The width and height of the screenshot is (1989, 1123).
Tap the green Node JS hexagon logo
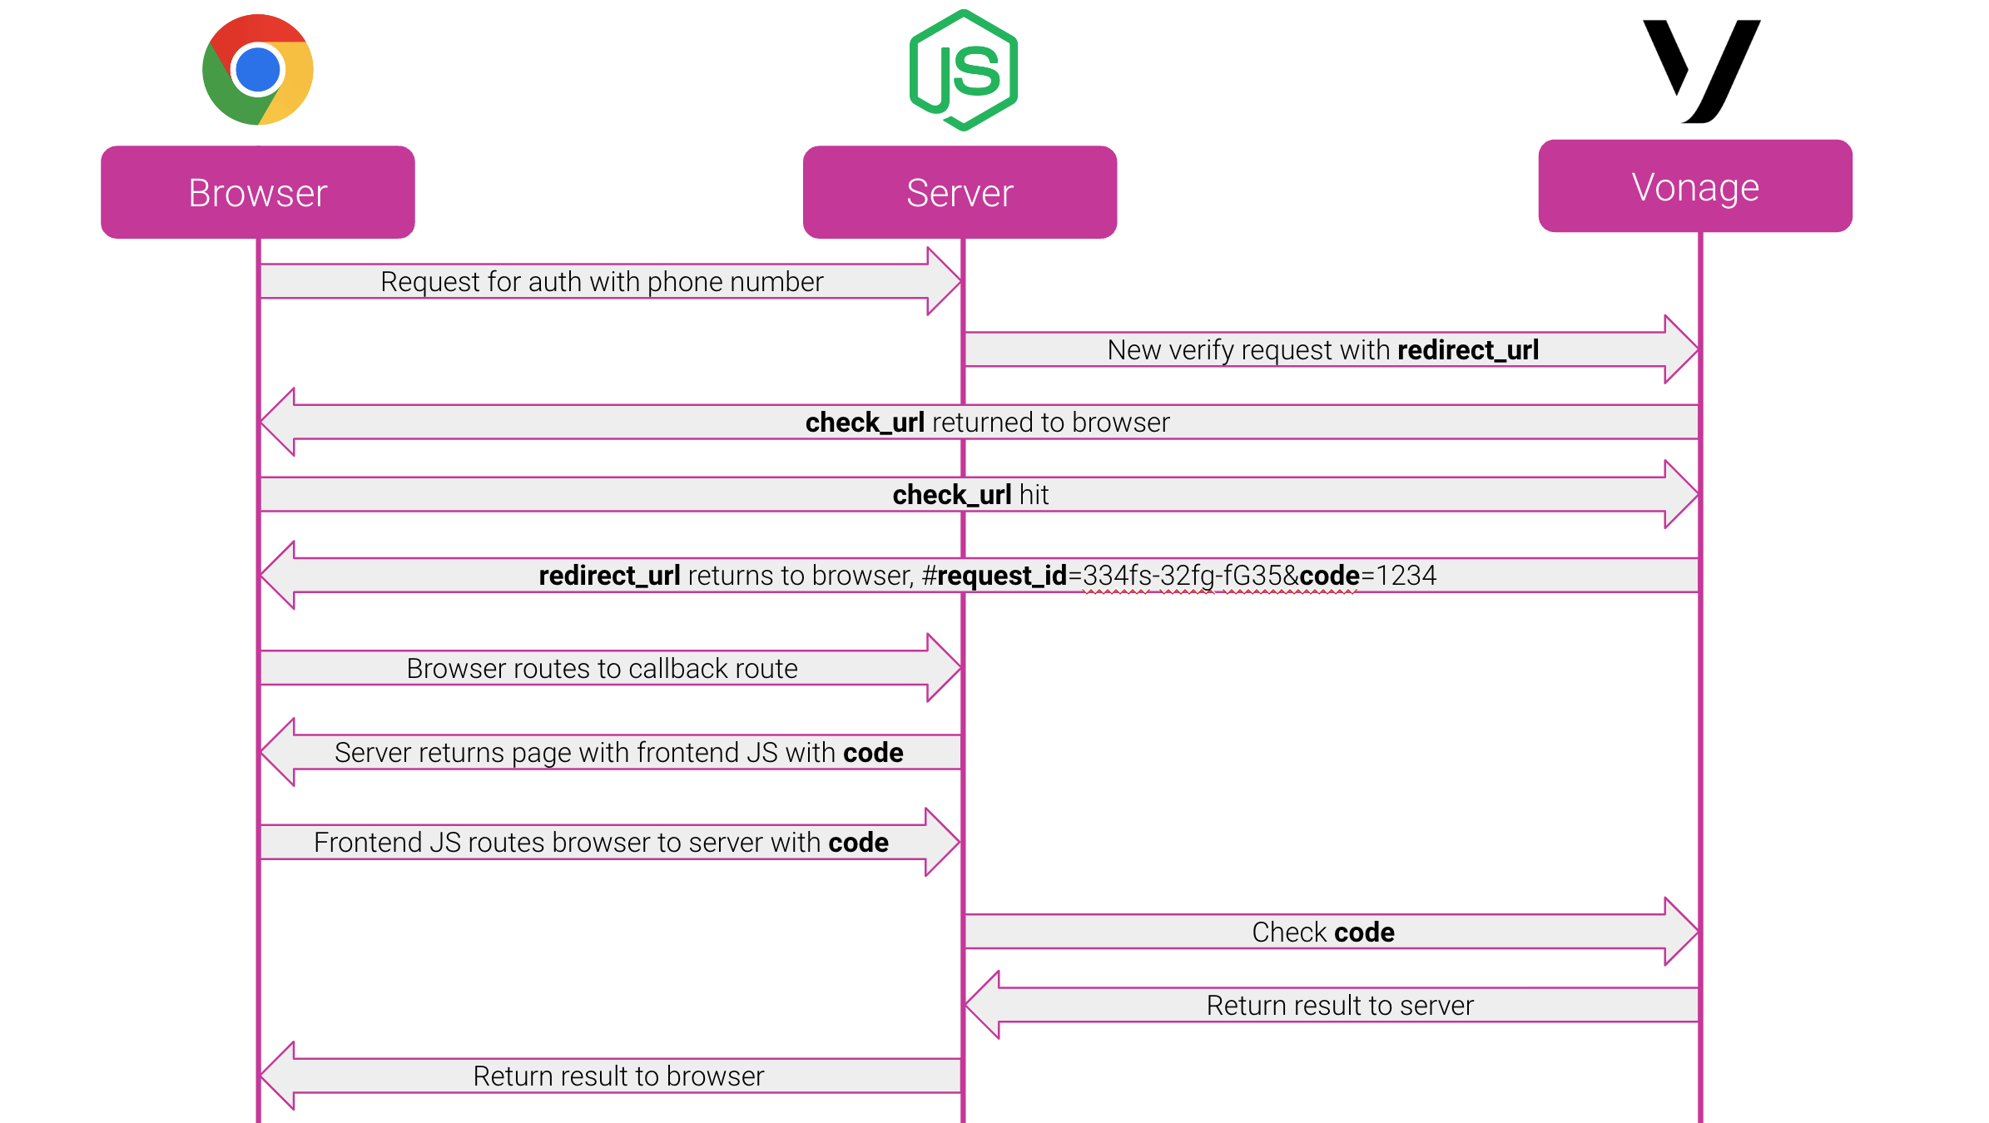tap(964, 71)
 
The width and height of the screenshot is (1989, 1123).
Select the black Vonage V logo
tap(1702, 71)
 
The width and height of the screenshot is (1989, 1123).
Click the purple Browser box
tap(258, 192)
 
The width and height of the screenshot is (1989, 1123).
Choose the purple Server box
tap(960, 192)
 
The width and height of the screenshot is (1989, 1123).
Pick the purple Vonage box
tap(1695, 186)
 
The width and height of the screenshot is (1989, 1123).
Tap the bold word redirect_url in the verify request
tap(1468, 350)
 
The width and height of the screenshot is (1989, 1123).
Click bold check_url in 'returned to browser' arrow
tap(865, 423)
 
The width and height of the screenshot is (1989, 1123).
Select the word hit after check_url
tap(1034, 495)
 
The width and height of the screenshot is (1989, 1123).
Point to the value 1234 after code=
tap(1406, 576)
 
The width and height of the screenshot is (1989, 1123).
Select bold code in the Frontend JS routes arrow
tap(858, 843)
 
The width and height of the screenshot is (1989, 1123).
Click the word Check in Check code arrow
tap(1289, 933)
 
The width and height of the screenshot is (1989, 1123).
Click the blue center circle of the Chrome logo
tap(258, 70)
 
